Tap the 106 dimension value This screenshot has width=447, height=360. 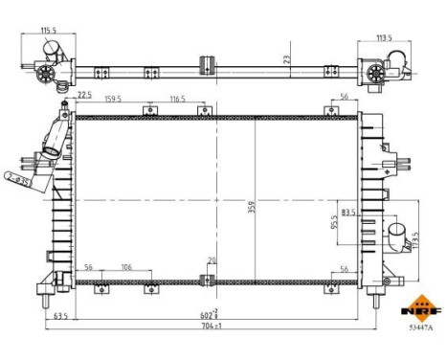125,268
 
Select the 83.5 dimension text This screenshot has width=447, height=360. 348,213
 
